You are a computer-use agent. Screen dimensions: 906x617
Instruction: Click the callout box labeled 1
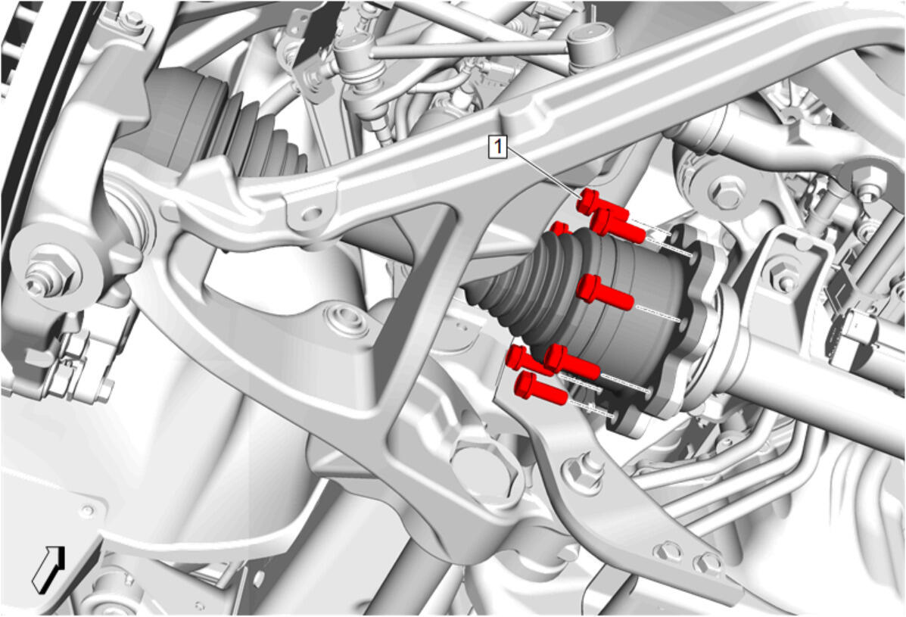pos(497,147)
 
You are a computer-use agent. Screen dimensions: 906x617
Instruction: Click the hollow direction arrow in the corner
pos(48,569)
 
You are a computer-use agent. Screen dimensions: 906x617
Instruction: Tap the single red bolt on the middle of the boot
pos(605,291)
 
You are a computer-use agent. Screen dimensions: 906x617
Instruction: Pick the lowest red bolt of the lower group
pos(541,388)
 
